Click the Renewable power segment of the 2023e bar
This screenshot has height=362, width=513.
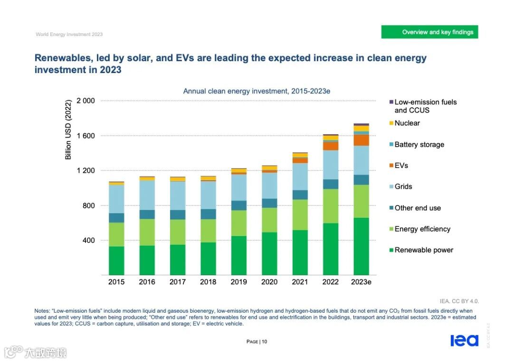pyautogui.click(x=361, y=246)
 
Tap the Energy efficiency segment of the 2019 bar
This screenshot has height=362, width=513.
pyautogui.click(x=238, y=223)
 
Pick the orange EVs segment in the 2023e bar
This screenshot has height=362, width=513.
pyautogui.click(x=361, y=140)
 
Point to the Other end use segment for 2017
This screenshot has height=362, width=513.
pyautogui.click(x=178, y=214)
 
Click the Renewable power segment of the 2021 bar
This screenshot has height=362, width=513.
pyautogui.click(x=300, y=252)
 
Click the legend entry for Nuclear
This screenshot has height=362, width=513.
pyautogui.click(x=407, y=123)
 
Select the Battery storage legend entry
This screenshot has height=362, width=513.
pyautogui.click(x=419, y=144)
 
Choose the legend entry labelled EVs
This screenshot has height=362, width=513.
pyautogui.click(x=401, y=166)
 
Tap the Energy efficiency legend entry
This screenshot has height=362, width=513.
pyautogui.click(x=422, y=229)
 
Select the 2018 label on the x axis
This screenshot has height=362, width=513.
pyautogui.click(x=208, y=282)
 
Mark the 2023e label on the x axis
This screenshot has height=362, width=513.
pyautogui.click(x=361, y=282)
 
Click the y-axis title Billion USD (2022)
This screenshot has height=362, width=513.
pyautogui.click(x=68, y=130)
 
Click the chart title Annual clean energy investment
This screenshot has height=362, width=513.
pyautogui.click(x=256, y=91)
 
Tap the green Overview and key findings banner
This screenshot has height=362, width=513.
pyautogui.click(x=429, y=32)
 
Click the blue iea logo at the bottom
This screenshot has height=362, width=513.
pyautogui.click(x=464, y=340)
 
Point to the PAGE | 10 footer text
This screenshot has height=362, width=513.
pyautogui.click(x=256, y=342)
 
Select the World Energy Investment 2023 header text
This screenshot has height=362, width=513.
pyautogui.click(x=69, y=34)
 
